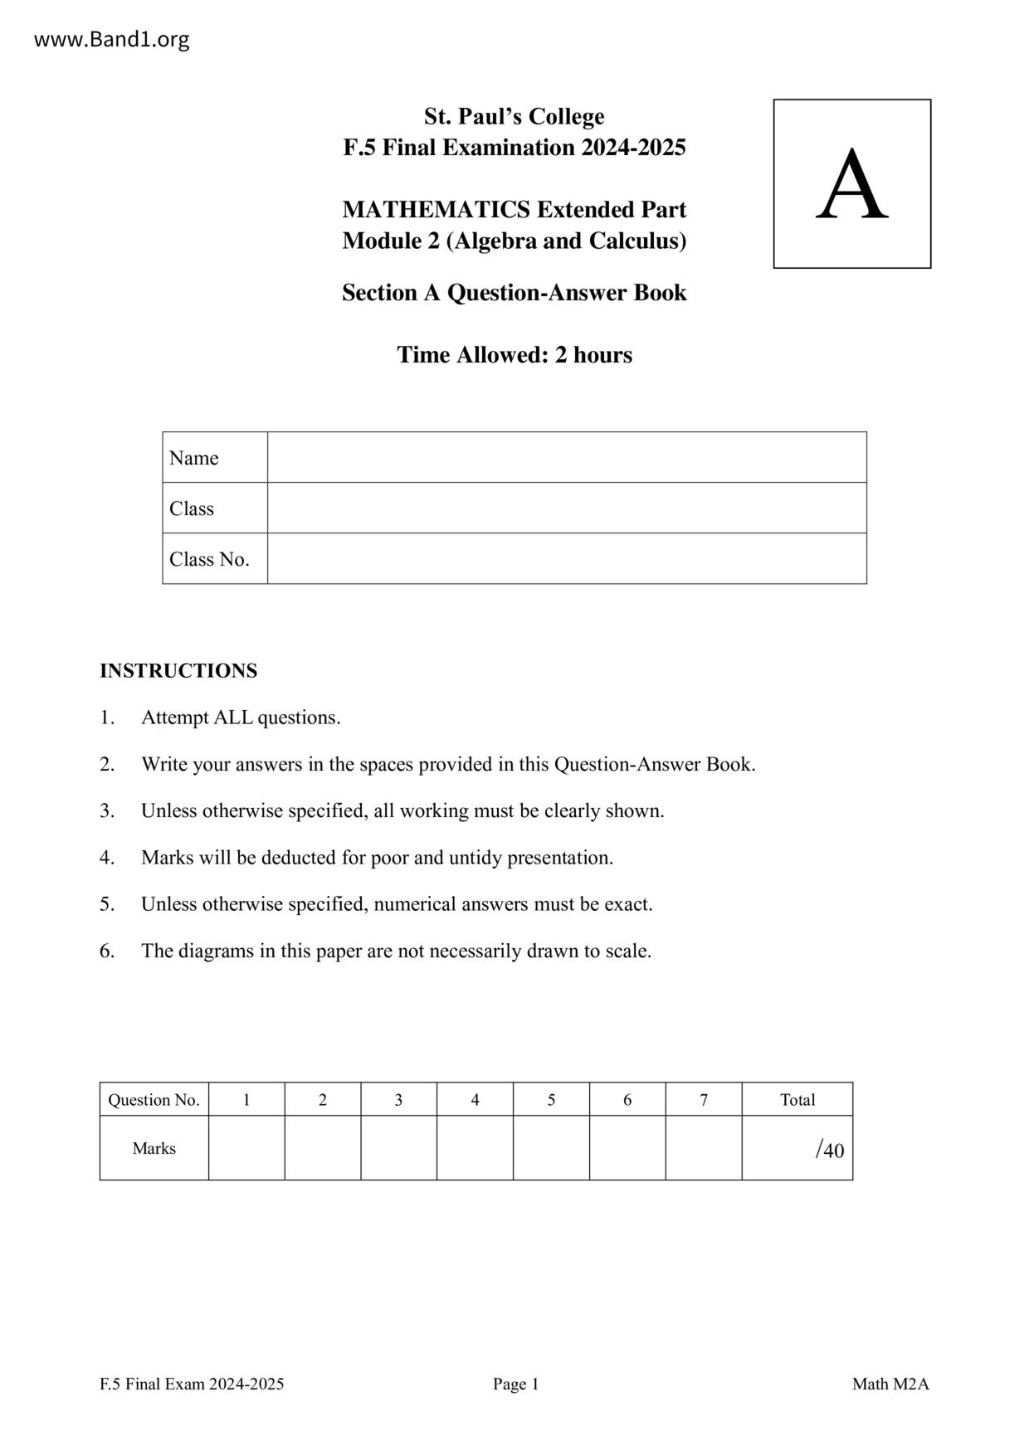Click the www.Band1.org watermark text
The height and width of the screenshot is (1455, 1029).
(111, 39)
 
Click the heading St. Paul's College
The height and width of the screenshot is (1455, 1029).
(514, 116)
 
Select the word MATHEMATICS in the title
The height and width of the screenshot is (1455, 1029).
(436, 209)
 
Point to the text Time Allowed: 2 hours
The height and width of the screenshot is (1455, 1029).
(514, 355)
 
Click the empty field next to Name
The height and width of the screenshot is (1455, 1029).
(567, 457)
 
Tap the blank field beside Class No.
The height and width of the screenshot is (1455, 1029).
(567, 558)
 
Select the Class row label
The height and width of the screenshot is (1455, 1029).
(192, 509)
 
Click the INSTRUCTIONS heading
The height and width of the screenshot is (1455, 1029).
(178, 670)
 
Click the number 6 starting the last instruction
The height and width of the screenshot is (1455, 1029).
(106, 951)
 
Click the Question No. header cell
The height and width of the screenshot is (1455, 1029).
(154, 1100)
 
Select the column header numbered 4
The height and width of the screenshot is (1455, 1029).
(475, 1100)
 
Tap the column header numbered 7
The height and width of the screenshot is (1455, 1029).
(704, 1100)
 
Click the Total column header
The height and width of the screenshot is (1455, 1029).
(797, 1100)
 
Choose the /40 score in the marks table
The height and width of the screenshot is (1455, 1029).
(830, 1150)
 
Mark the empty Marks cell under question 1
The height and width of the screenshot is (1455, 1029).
(246, 1148)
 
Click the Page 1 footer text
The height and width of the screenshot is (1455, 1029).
(515, 1384)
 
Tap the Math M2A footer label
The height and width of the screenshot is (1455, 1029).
(890, 1384)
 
